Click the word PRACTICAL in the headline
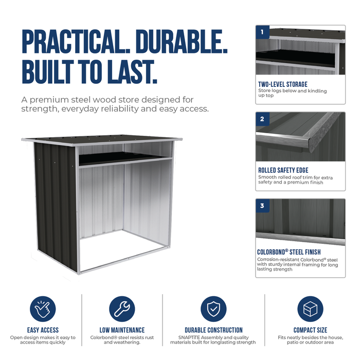click(76, 42)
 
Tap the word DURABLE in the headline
click(182, 42)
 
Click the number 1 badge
click(262, 32)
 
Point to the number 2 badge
click(262, 119)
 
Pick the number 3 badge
click(262, 206)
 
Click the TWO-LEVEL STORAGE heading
click(283, 84)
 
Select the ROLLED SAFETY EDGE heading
click(283, 170)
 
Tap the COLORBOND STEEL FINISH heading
click(289, 252)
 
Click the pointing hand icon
click(43, 309)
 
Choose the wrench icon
click(122, 309)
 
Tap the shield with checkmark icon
click(213, 309)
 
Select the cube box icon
click(310, 309)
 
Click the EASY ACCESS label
click(43, 330)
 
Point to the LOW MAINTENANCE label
click(122, 330)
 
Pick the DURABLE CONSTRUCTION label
click(213, 330)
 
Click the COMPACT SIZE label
click(310, 330)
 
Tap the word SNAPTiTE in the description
click(189, 337)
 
